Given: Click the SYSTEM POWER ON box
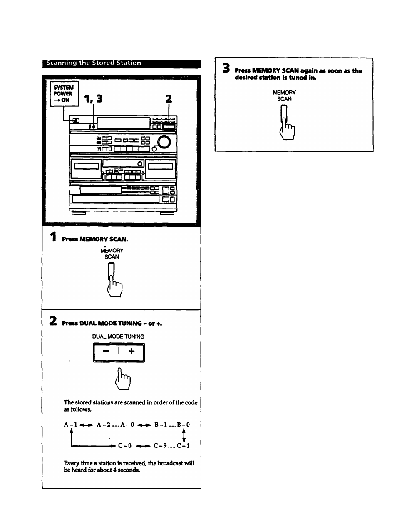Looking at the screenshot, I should click(64, 94).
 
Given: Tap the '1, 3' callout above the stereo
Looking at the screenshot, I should click(93, 99).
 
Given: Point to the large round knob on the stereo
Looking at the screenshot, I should click(165, 142).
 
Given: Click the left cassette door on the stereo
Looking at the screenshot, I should click(86, 166).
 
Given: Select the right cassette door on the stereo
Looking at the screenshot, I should click(161, 166).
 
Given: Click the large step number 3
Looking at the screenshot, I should click(226, 69).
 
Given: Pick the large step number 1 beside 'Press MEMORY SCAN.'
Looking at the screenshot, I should click(52, 238).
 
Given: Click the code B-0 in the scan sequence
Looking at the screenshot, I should click(183, 425).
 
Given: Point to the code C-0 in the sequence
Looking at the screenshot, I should click(125, 446).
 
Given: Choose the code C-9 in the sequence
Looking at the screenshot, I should click(160, 446).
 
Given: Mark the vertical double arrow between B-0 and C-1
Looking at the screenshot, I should click(184, 435).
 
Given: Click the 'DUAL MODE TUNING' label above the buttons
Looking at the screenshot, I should click(118, 337).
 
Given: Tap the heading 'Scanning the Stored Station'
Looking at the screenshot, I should click(94, 63).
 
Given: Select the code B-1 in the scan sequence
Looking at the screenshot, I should click(161, 425).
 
